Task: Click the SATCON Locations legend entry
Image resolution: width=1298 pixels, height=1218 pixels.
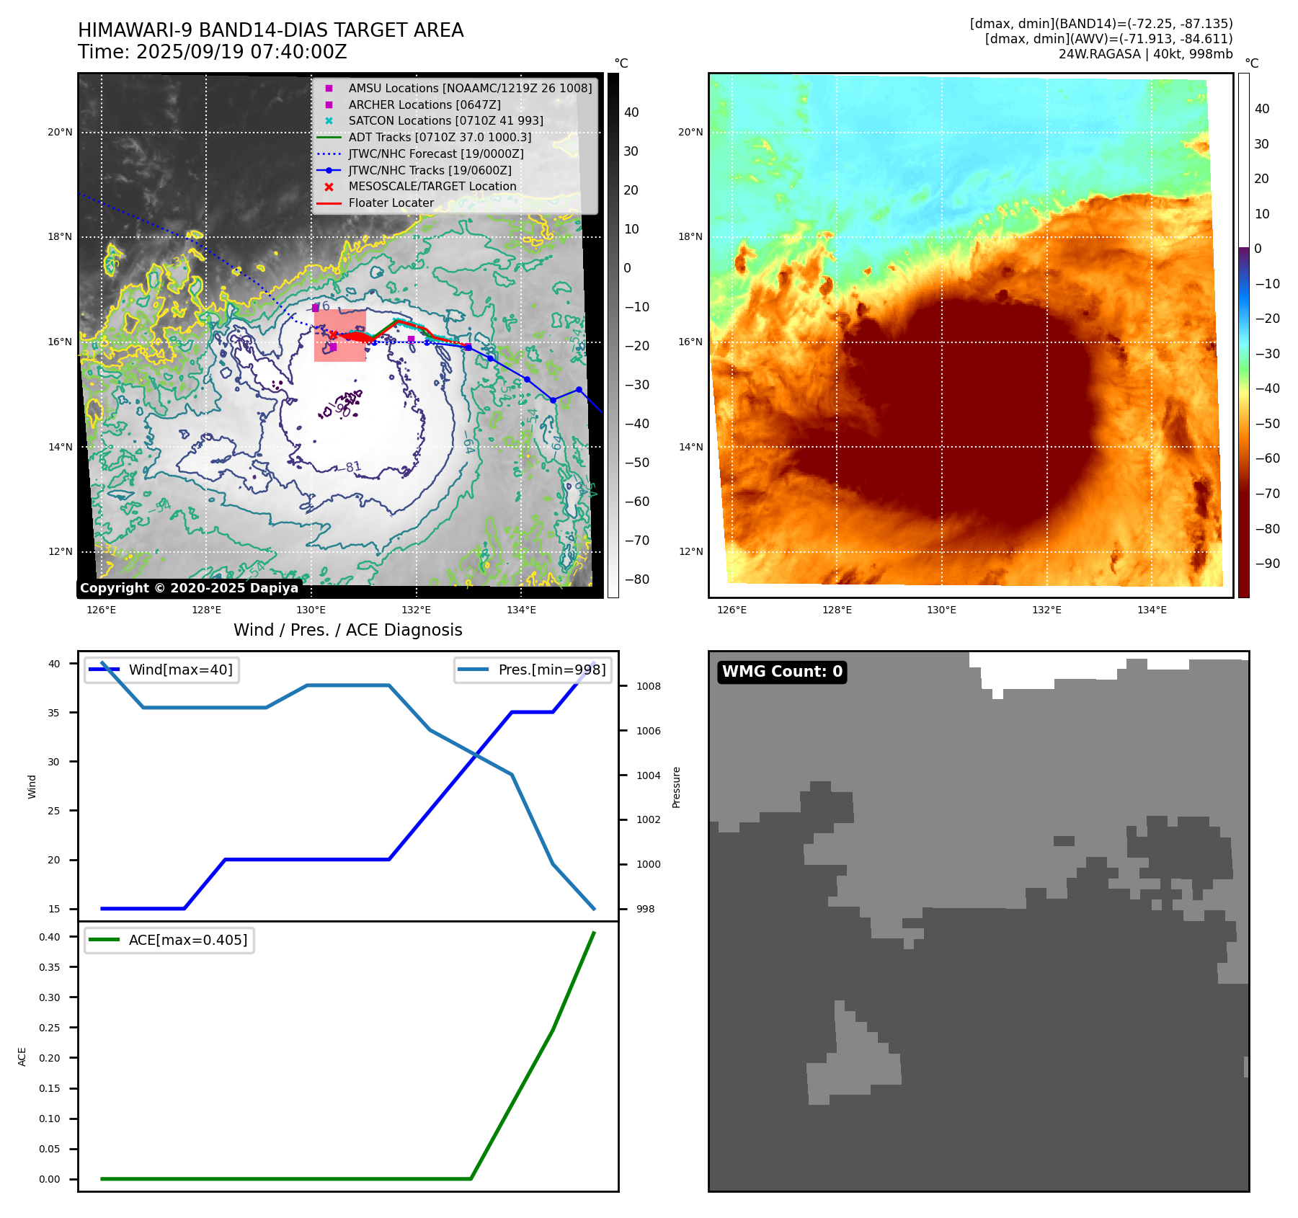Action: [445, 121]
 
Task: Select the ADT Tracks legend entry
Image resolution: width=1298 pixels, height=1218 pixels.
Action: [440, 137]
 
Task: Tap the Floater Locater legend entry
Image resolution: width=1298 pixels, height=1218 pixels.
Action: [391, 203]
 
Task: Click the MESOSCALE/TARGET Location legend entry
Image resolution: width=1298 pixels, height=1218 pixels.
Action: [432, 187]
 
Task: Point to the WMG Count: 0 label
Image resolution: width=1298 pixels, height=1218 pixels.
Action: [782, 672]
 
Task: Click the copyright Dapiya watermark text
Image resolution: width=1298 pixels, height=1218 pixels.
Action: [189, 588]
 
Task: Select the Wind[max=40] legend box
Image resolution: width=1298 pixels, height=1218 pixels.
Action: [161, 670]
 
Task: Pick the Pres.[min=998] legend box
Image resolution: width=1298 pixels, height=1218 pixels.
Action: [533, 670]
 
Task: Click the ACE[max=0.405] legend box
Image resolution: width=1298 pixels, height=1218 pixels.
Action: [169, 941]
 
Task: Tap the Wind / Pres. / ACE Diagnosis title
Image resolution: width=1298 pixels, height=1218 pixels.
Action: [348, 630]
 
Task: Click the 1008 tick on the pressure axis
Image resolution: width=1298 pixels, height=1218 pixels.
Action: [648, 686]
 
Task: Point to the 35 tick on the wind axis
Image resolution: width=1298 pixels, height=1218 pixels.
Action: [54, 713]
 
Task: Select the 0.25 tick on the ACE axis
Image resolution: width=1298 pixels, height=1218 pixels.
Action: [50, 1028]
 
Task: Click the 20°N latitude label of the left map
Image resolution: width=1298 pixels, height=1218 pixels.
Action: [60, 133]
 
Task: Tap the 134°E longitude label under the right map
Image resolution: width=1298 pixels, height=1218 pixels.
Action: [1152, 610]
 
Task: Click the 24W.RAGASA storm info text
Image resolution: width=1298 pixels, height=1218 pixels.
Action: [1145, 54]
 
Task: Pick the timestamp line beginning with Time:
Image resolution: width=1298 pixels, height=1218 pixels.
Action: [213, 52]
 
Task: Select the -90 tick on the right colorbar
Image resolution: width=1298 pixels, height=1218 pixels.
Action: [1267, 564]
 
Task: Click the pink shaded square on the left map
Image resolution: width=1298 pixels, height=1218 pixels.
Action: [340, 335]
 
